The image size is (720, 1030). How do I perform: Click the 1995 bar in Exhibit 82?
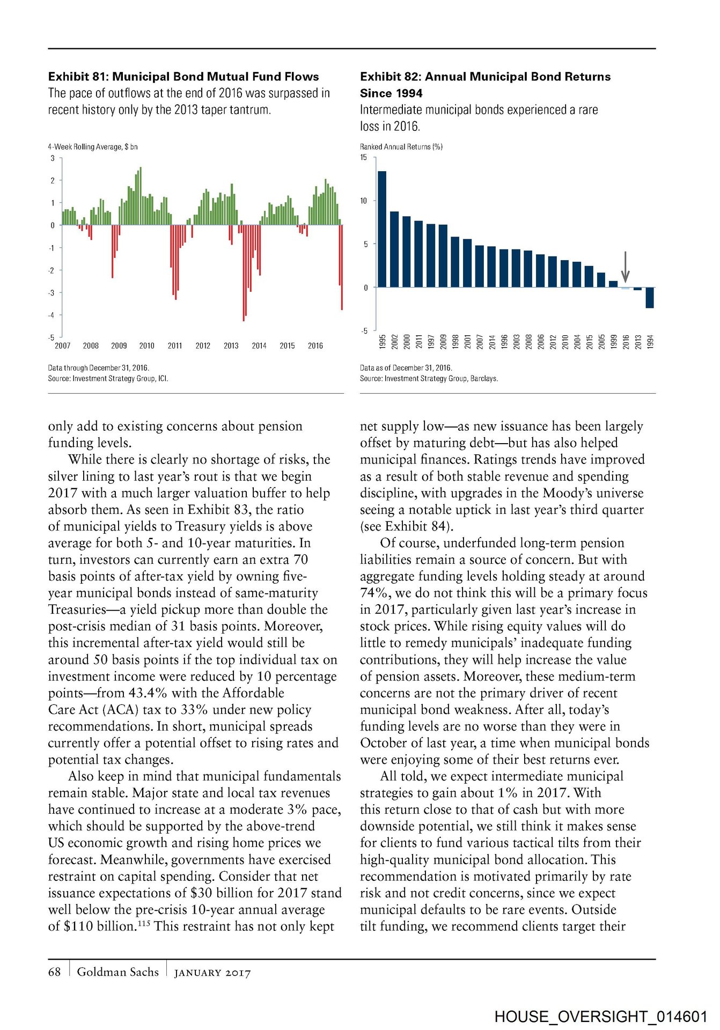click(x=382, y=229)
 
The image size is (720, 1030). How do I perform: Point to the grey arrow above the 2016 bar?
click(x=625, y=266)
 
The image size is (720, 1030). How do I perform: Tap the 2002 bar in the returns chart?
click(x=394, y=249)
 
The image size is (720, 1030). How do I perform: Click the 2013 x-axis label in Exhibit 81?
click(x=231, y=346)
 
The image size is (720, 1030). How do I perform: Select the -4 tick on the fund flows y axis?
click(x=52, y=315)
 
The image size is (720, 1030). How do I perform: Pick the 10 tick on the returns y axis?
click(x=364, y=201)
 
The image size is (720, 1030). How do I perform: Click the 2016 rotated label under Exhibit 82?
click(x=626, y=342)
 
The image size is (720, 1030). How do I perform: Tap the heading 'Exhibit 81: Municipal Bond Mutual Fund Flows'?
click(x=183, y=77)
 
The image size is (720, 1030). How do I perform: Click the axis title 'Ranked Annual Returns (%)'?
click(x=401, y=146)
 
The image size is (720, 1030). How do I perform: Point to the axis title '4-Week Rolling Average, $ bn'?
click(x=93, y=146)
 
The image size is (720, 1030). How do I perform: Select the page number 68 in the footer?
click(x=54, y=972)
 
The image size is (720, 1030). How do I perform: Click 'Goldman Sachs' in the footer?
click(x=118, y=972)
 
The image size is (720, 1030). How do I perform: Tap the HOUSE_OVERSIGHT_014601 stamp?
click(x=601, y=1017)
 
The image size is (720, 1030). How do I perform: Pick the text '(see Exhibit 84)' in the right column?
click(x=406, y=526)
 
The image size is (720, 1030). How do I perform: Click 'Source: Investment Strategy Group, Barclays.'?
click(x=429, y=378)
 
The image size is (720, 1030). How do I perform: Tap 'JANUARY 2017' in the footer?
click(x=212, y=973)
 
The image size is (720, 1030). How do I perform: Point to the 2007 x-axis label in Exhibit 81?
click(x=63, y=346)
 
